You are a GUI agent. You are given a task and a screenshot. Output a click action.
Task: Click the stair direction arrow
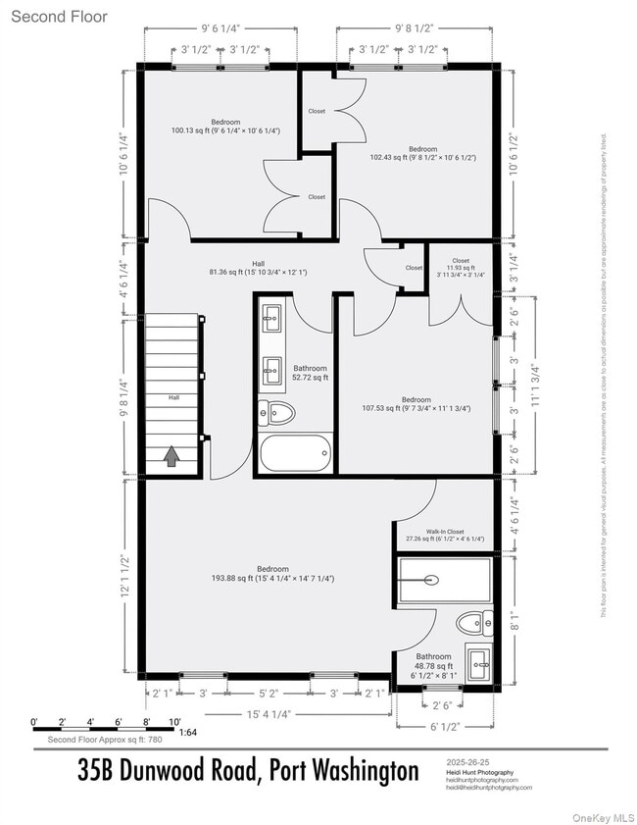pos(171,455)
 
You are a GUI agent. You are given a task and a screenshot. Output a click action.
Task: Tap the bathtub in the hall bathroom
pos(295,454)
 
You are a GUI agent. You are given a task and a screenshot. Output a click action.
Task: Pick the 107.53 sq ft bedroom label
pos(416,404)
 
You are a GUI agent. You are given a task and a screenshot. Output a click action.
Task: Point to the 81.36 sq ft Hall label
pos(258,268)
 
